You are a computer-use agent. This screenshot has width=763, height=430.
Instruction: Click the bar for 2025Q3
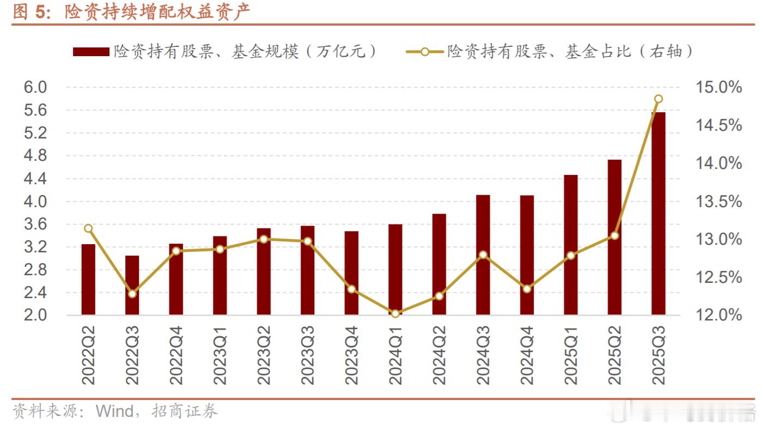click(658, 213)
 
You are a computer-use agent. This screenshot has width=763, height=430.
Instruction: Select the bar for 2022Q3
click(132, 284)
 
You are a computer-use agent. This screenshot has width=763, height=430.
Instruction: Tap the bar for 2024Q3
click(483, 255)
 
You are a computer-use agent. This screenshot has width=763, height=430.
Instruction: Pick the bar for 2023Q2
click(264, 271)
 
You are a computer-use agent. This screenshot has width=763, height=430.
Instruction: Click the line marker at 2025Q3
click(658, 99)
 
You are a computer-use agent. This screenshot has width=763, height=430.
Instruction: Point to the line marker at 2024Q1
click(395, 313)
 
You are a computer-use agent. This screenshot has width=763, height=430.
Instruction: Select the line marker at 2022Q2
click(88, 228)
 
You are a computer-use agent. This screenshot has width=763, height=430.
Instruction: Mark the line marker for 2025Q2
click(614, 235)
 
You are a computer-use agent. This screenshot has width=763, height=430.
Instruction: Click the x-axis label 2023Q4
click(351, 355)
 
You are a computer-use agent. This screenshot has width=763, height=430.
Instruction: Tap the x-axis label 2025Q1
click(570, 355)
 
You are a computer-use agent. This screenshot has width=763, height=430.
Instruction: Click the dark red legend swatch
click(91, 52)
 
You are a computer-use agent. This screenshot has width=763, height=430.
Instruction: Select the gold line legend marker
click(425, 52)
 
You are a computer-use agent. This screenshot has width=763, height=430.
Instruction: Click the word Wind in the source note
click(114, 411)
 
